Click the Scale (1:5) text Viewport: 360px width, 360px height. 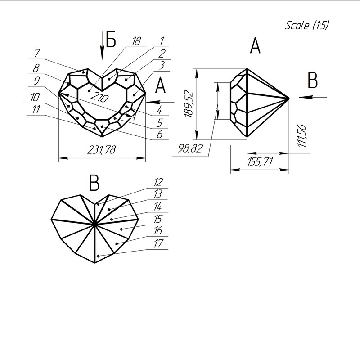tap(307, 25)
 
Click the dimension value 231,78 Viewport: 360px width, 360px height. tap(102, 150)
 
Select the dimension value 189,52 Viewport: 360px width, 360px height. tap(189, 104)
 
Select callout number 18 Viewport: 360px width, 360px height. tap(136, 40)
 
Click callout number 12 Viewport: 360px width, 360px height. tap(157, 183)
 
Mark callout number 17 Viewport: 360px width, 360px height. tap(157, 244)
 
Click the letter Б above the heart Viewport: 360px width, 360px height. tap(111, 40)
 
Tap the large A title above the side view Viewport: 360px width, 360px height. tap(255, 46)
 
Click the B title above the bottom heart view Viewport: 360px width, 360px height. tap(94, 183)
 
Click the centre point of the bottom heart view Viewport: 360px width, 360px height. tap(94, 224)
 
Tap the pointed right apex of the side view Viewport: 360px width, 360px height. tap(288, 97)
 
